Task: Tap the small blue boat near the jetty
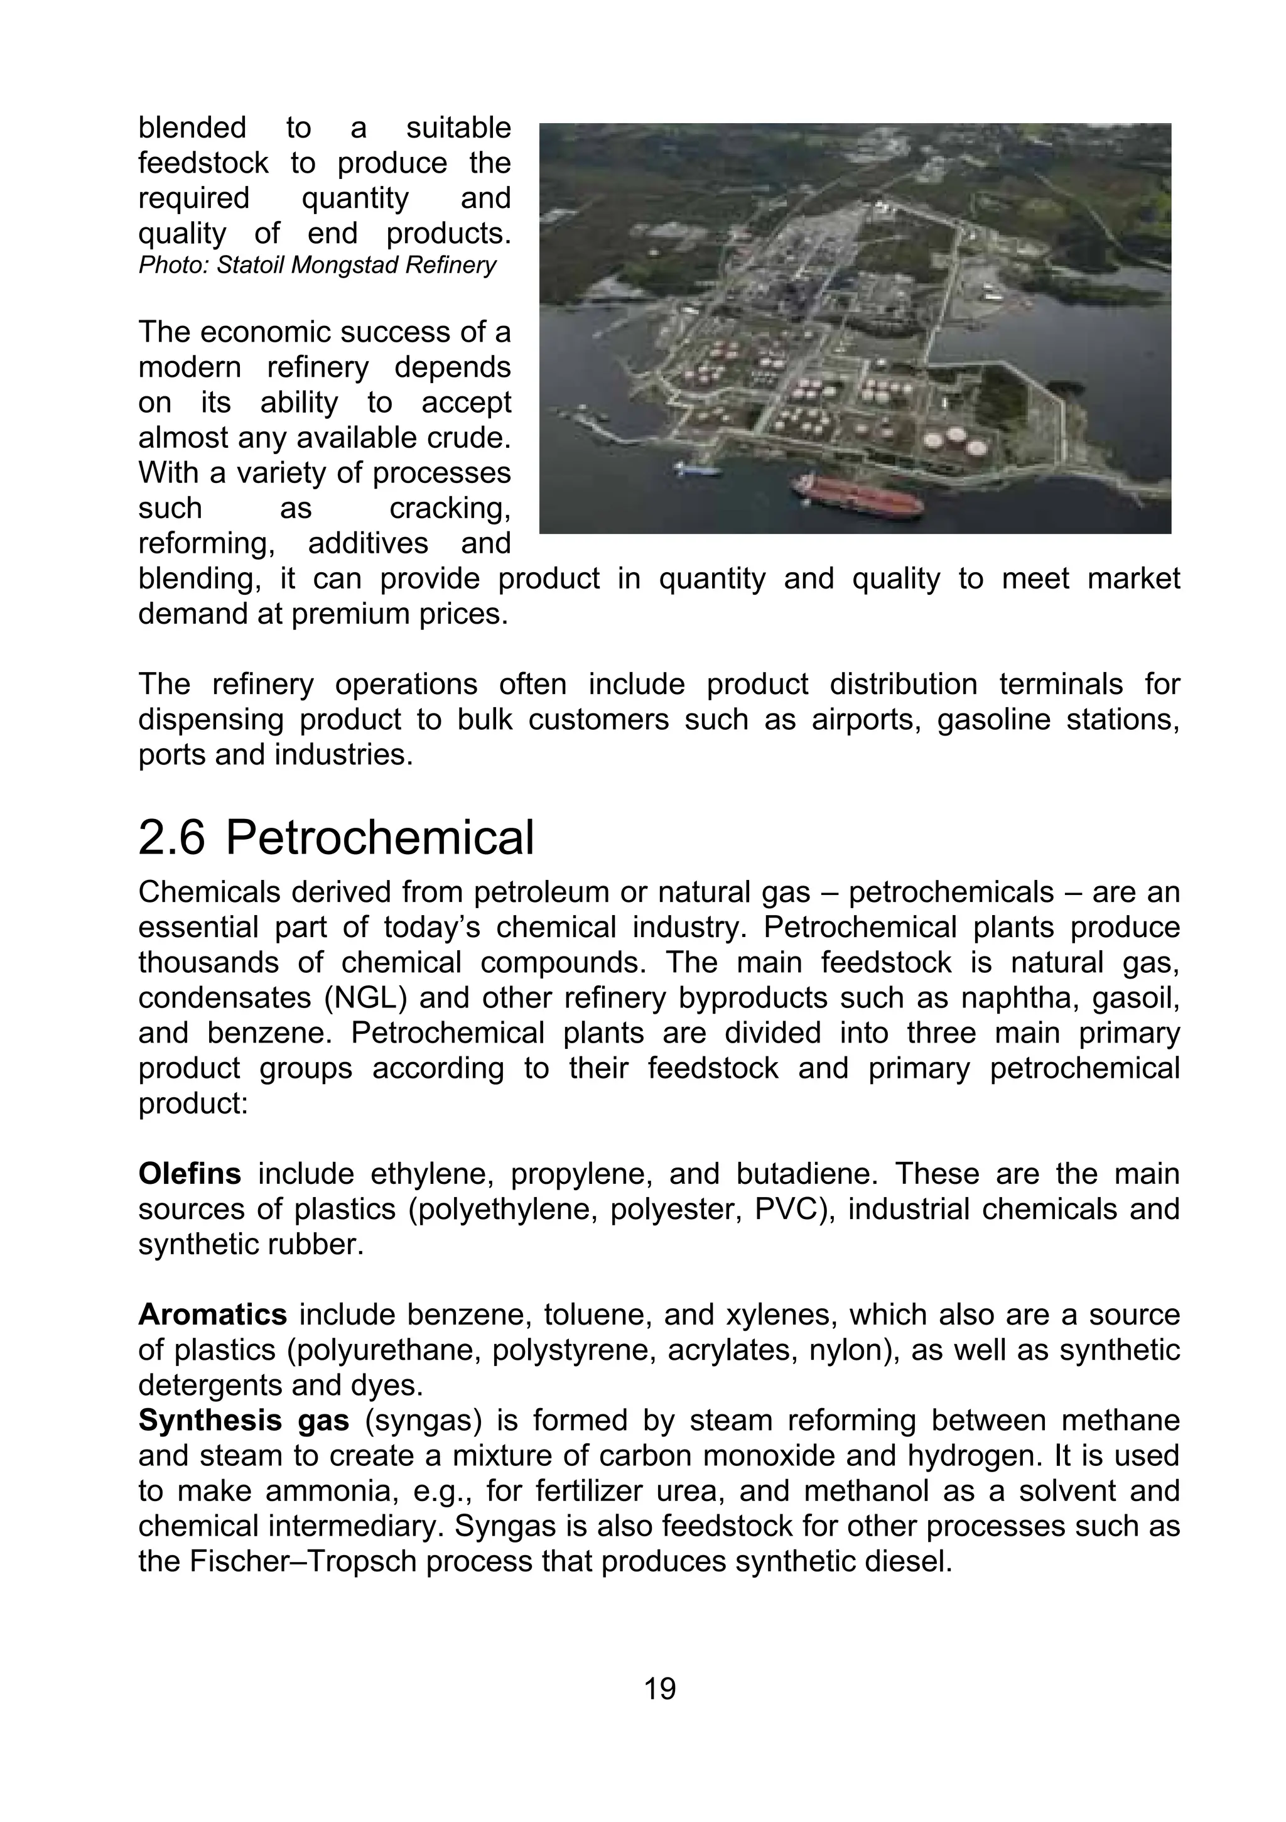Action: [x=698, y=469]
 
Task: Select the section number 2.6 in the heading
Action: [x=171, y=838]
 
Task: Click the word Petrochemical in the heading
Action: [x=379, y=838]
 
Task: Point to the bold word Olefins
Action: [x=190, y=1174]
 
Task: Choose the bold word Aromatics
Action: [x=213, y=1315]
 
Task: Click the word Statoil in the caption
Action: [x=251, y=265]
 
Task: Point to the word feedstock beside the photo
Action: [x=203, y=163]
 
